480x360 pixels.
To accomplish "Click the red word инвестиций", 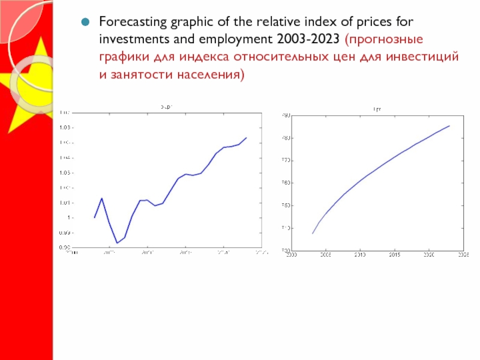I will click(x=429, y=58).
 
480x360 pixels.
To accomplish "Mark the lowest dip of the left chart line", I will click(x=117, y=243).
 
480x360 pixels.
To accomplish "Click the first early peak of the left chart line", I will click(x=102, y=198).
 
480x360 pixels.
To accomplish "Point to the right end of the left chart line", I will click(x=247, y=137).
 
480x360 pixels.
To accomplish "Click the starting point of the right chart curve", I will click(x=313, y=233).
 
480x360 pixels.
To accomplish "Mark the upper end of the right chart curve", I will click(x=449, y=125).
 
